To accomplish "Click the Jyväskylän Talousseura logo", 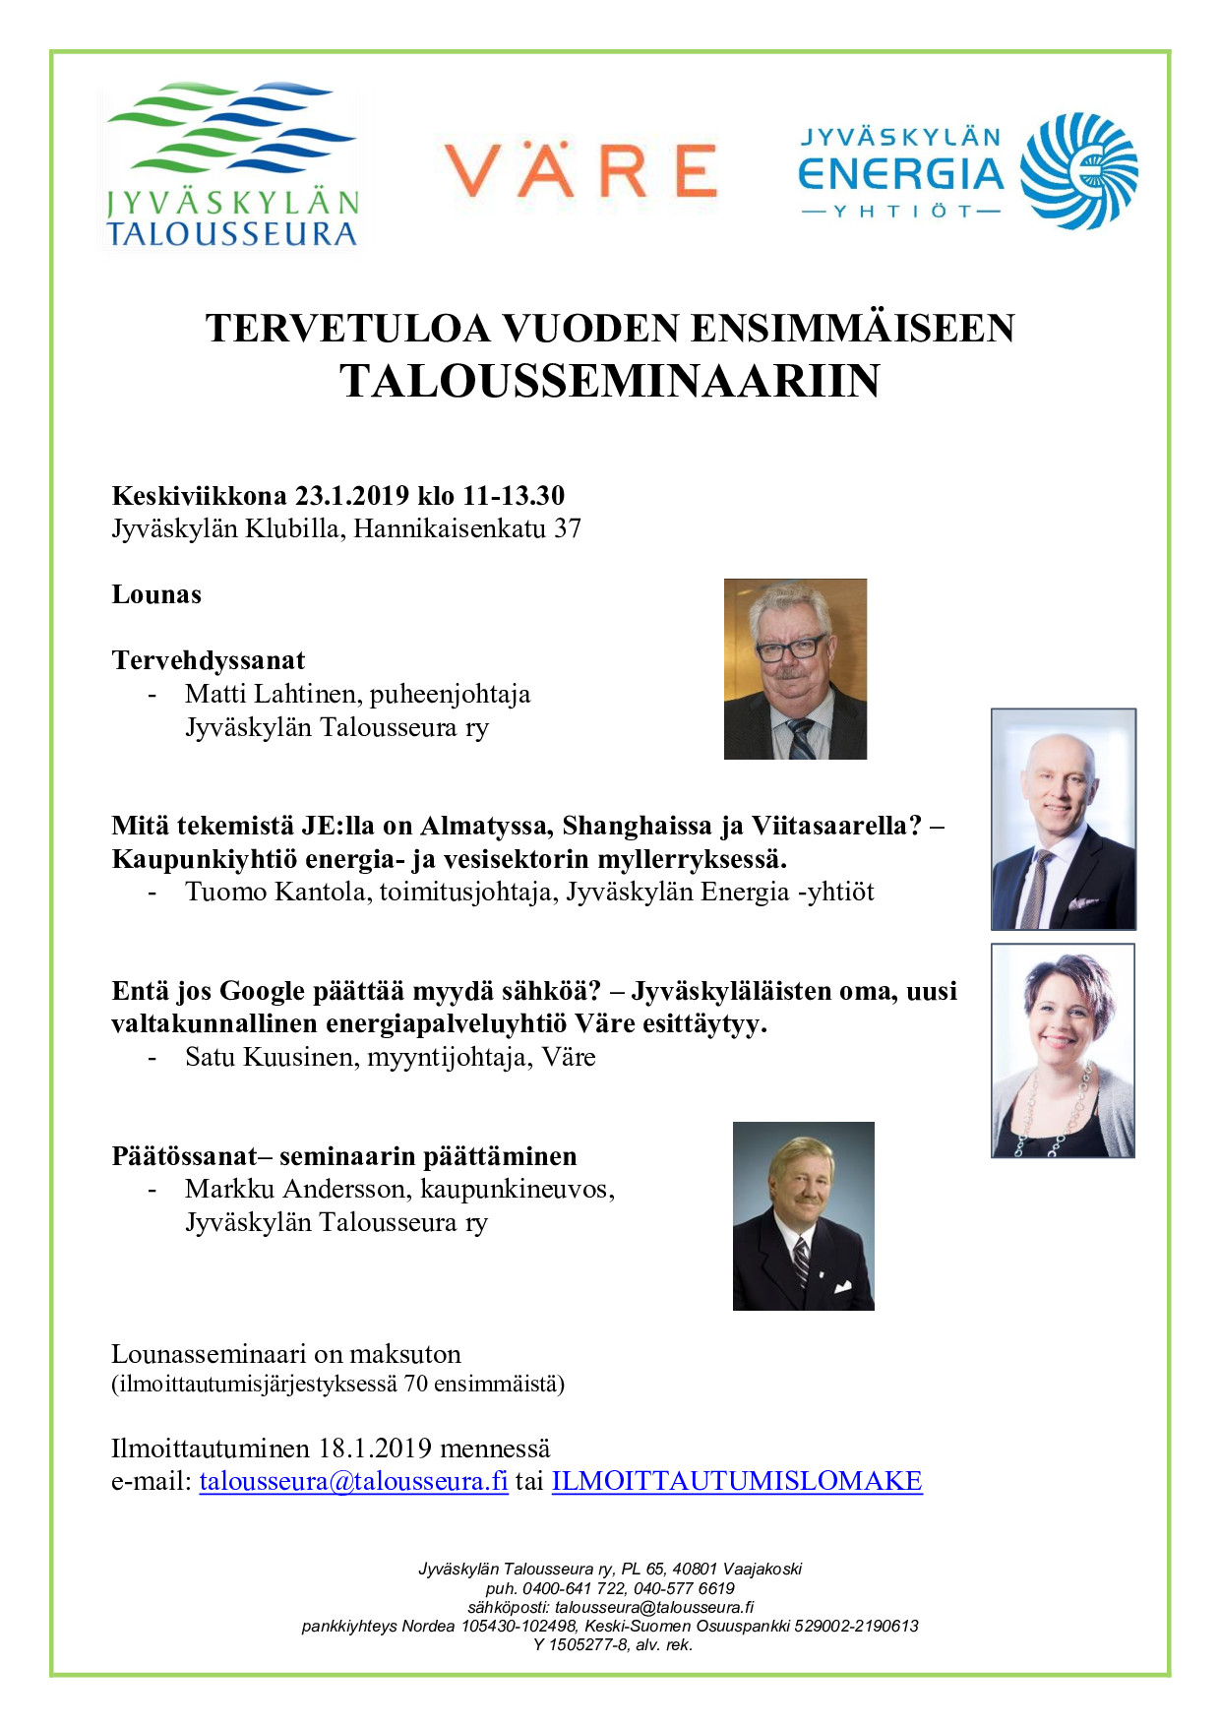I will [x=232, y=164].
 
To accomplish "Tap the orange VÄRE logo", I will [x=580, y=170].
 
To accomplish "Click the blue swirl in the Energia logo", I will [x=1078, y=170].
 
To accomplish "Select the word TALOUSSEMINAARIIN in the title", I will [x=610, y=382].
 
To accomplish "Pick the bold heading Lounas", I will [x=156, y=594].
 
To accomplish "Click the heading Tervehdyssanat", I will [x=209, y=660].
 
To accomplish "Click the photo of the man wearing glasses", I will [x=795, y=669].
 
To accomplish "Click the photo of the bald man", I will [x=1063, y=819].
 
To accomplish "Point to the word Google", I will [x=260, y=991].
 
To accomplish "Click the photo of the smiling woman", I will [x=1063, y=1050].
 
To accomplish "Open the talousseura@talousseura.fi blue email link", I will [x=353, y=1481].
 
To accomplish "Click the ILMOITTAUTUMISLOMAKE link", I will [x=737, y=1481].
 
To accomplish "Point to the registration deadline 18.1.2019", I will [x=375, y=1449].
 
